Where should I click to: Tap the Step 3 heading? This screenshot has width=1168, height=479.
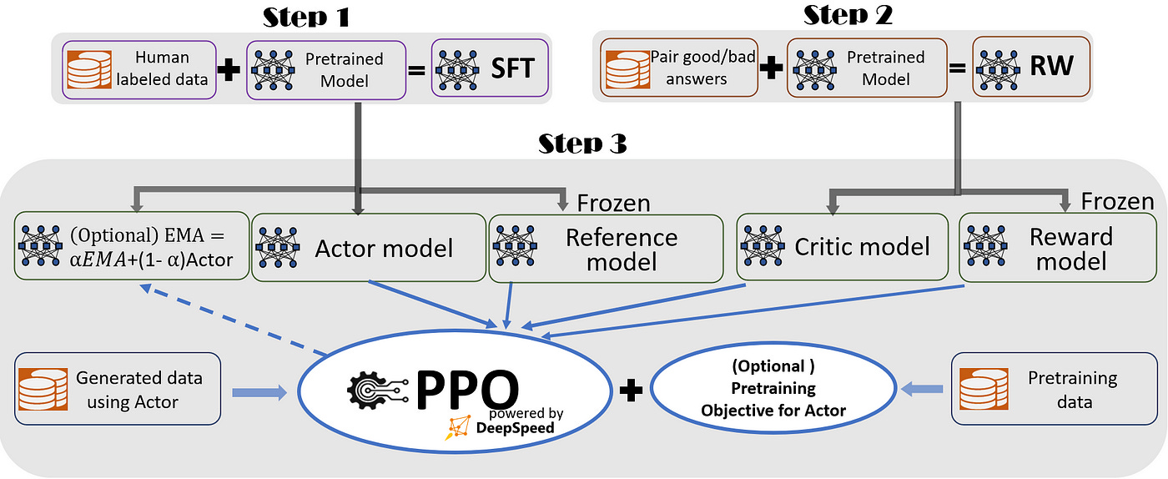(x=582, y=144)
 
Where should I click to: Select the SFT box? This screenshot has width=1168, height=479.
(x=490, y=68)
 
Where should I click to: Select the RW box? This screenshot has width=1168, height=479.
(x=1031, y=68)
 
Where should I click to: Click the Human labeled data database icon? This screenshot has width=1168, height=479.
(x=88, y=68)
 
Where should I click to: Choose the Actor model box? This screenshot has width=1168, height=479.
(x=368, y=248)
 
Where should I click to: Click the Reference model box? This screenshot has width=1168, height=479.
(x=606, y=249)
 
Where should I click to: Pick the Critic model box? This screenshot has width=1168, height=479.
(x=843, y=247)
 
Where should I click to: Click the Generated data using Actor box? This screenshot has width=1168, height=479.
(x=118, y=389)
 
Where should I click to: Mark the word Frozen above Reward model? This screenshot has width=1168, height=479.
(x=1117, y=201)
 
